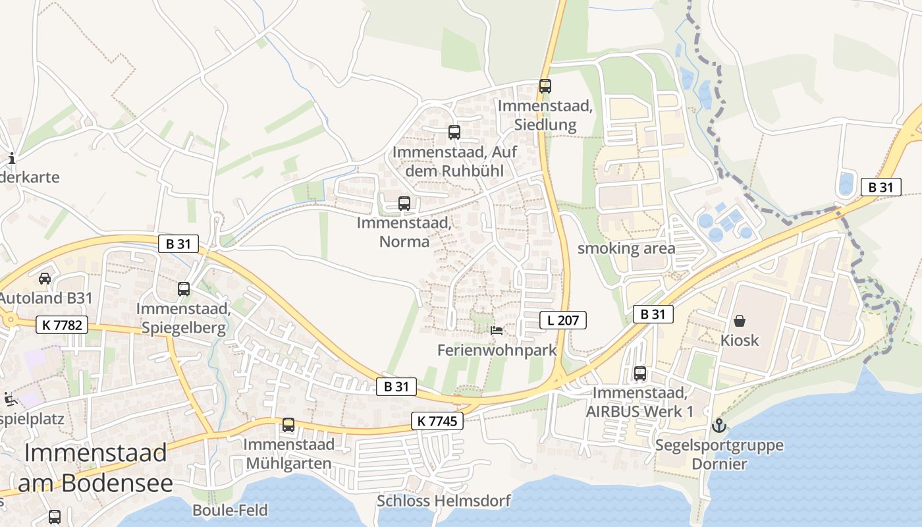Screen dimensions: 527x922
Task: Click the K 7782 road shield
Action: click(62, 324)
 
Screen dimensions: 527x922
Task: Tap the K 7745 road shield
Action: click(437, 421)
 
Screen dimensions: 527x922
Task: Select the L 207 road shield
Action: click(563, 321)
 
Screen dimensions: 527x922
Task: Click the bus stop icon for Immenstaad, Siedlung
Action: click(545, 86)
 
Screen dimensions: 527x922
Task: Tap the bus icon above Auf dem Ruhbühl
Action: click(454, 132)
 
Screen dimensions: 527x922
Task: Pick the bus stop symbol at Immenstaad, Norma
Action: click(404, 204)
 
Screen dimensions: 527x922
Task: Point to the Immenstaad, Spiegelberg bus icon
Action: click(184, 289)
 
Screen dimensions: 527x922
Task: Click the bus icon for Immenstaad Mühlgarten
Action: click(288, 425)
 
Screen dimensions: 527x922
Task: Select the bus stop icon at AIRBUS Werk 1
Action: click(639, 374)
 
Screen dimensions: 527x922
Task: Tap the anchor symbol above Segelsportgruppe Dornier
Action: click(719, 426)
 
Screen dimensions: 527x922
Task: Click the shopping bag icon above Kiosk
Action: click(740, 321)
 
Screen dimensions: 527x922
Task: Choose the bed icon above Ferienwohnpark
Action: click(497, 330)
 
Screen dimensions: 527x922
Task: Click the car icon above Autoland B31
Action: click(44, 278)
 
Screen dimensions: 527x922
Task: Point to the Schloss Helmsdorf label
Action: click(444, 501)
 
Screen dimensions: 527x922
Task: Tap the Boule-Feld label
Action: click(230, 510)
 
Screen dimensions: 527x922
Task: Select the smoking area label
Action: click(626, 248)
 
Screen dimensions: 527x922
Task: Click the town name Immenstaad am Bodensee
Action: click(95, 468)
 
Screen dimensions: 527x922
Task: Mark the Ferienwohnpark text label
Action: click(497, 350)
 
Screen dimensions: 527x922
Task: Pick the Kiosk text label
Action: click(740, 341)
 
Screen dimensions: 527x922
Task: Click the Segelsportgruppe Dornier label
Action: click(719, 455)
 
